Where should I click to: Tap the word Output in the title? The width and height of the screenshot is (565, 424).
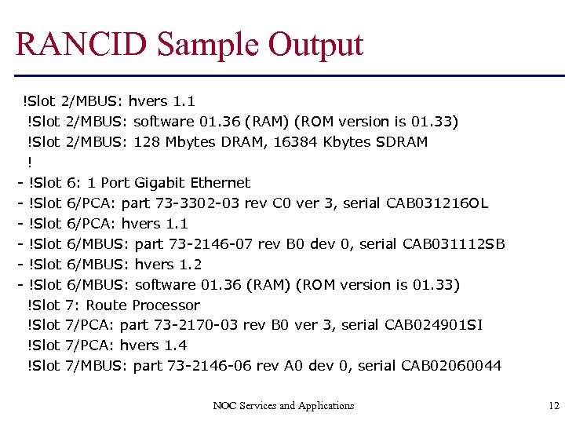pos(318,45)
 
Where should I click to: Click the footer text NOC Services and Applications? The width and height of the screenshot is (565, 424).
pos(283,405)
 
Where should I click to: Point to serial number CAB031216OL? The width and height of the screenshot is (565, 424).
pos(437,203)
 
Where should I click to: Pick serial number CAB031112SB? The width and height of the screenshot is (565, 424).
pos(454,244)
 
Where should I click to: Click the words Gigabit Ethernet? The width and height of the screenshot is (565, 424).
pos(192,183)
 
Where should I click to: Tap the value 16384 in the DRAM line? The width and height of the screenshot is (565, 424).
pos(297,142)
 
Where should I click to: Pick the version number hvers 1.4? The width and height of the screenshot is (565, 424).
pos(154,345)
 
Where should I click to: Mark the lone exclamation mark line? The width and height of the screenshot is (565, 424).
pos(30,163)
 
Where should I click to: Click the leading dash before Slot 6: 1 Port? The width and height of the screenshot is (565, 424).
pos(18,183)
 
